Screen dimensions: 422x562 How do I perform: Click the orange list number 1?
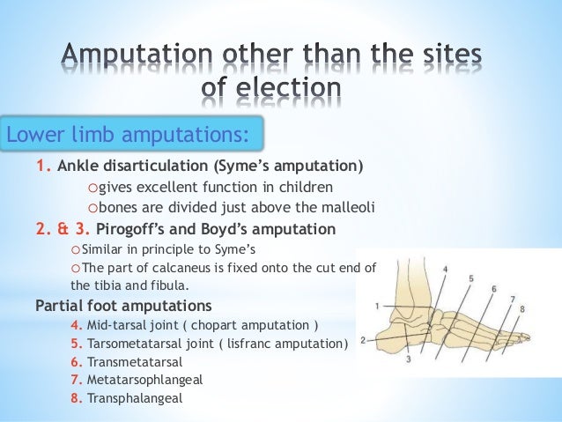41,165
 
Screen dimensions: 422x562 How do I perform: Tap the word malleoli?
344,208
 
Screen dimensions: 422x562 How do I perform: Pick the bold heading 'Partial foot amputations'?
122,307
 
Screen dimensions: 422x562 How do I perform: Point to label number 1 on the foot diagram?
376,306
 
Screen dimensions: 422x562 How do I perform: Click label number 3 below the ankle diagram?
408,359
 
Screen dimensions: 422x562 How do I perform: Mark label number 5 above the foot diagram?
471,278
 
